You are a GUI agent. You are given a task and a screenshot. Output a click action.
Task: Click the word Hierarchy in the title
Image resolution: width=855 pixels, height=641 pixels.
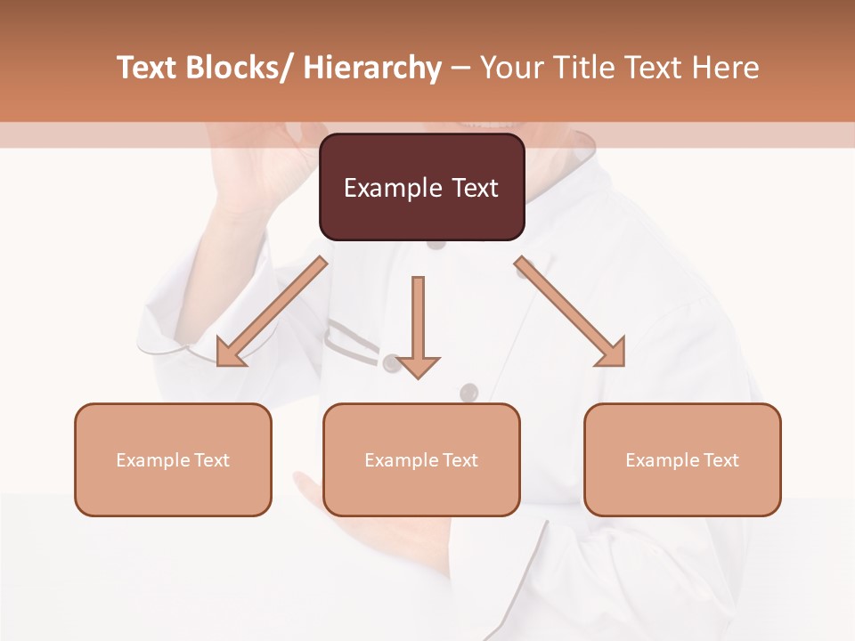(371, 68)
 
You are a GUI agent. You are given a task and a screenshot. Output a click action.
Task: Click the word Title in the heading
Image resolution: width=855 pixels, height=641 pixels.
(582, 68)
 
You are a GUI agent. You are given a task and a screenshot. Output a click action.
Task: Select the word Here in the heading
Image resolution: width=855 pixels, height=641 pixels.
(722, 68)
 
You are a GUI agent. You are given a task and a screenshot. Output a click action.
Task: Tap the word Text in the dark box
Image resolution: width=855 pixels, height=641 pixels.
(474, 188)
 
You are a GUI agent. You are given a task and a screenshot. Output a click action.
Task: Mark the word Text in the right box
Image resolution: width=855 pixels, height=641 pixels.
(721, 460)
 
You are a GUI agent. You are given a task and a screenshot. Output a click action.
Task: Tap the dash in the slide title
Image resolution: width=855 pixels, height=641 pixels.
(460, 68)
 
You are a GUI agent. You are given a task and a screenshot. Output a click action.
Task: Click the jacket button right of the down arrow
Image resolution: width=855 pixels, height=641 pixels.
(468, 392)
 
